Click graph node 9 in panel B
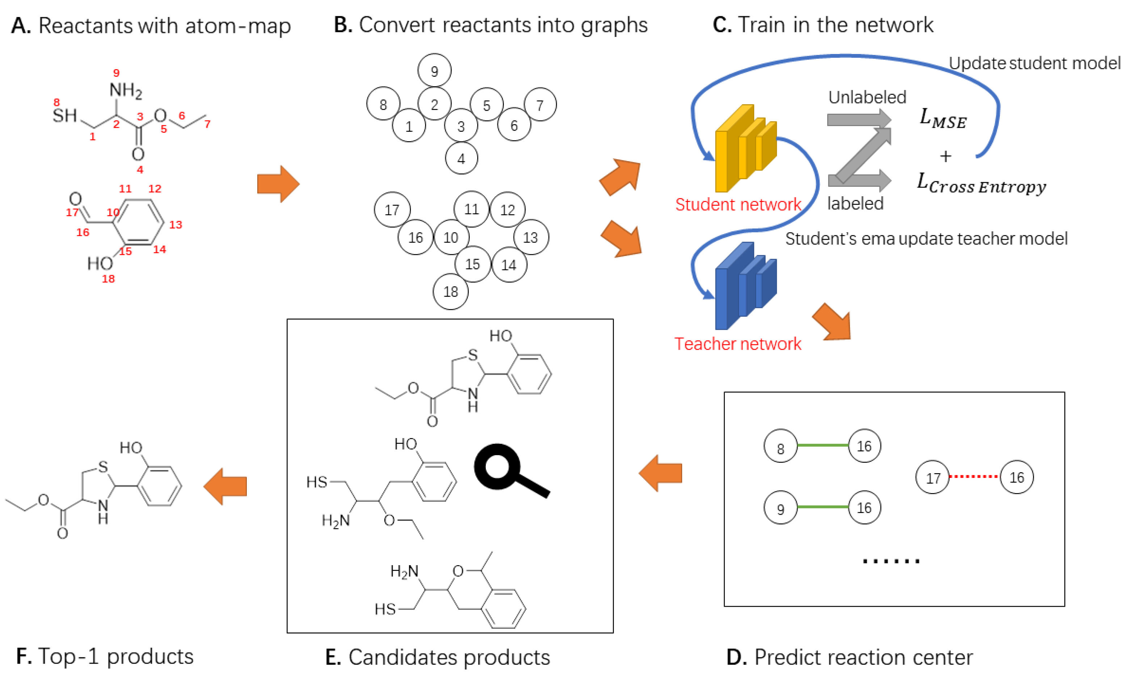[x=434, y=71]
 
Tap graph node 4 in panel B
[x=461, y=158]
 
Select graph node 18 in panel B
[x=451, y=291]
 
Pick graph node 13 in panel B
[x=530, y=237]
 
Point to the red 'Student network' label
[x=738, y=205]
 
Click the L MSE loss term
[x=942, y=119]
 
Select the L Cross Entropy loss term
[x=981, y=185]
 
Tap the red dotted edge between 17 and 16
[x=973, y=477]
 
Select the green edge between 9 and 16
[x=822, y=507]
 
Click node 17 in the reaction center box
[x=932, y=478]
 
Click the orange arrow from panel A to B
[x=278, y=184]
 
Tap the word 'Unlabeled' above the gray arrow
[x=867, y=97]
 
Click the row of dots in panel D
[x=891, y=561]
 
